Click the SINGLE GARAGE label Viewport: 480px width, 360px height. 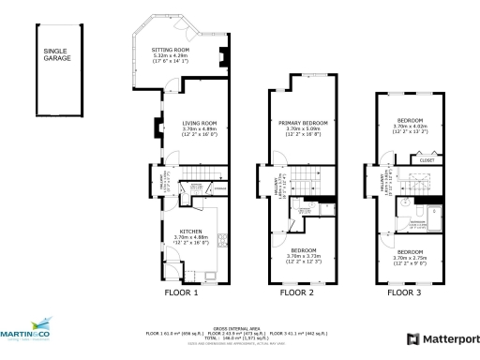(53, 56)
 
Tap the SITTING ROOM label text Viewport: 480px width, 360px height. (171, 49)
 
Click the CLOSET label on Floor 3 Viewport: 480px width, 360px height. (426, 160)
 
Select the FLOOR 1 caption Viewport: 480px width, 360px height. (181, 292)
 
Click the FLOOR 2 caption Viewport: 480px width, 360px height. (297, 292)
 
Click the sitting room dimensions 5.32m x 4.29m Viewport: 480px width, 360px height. (171, 57)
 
